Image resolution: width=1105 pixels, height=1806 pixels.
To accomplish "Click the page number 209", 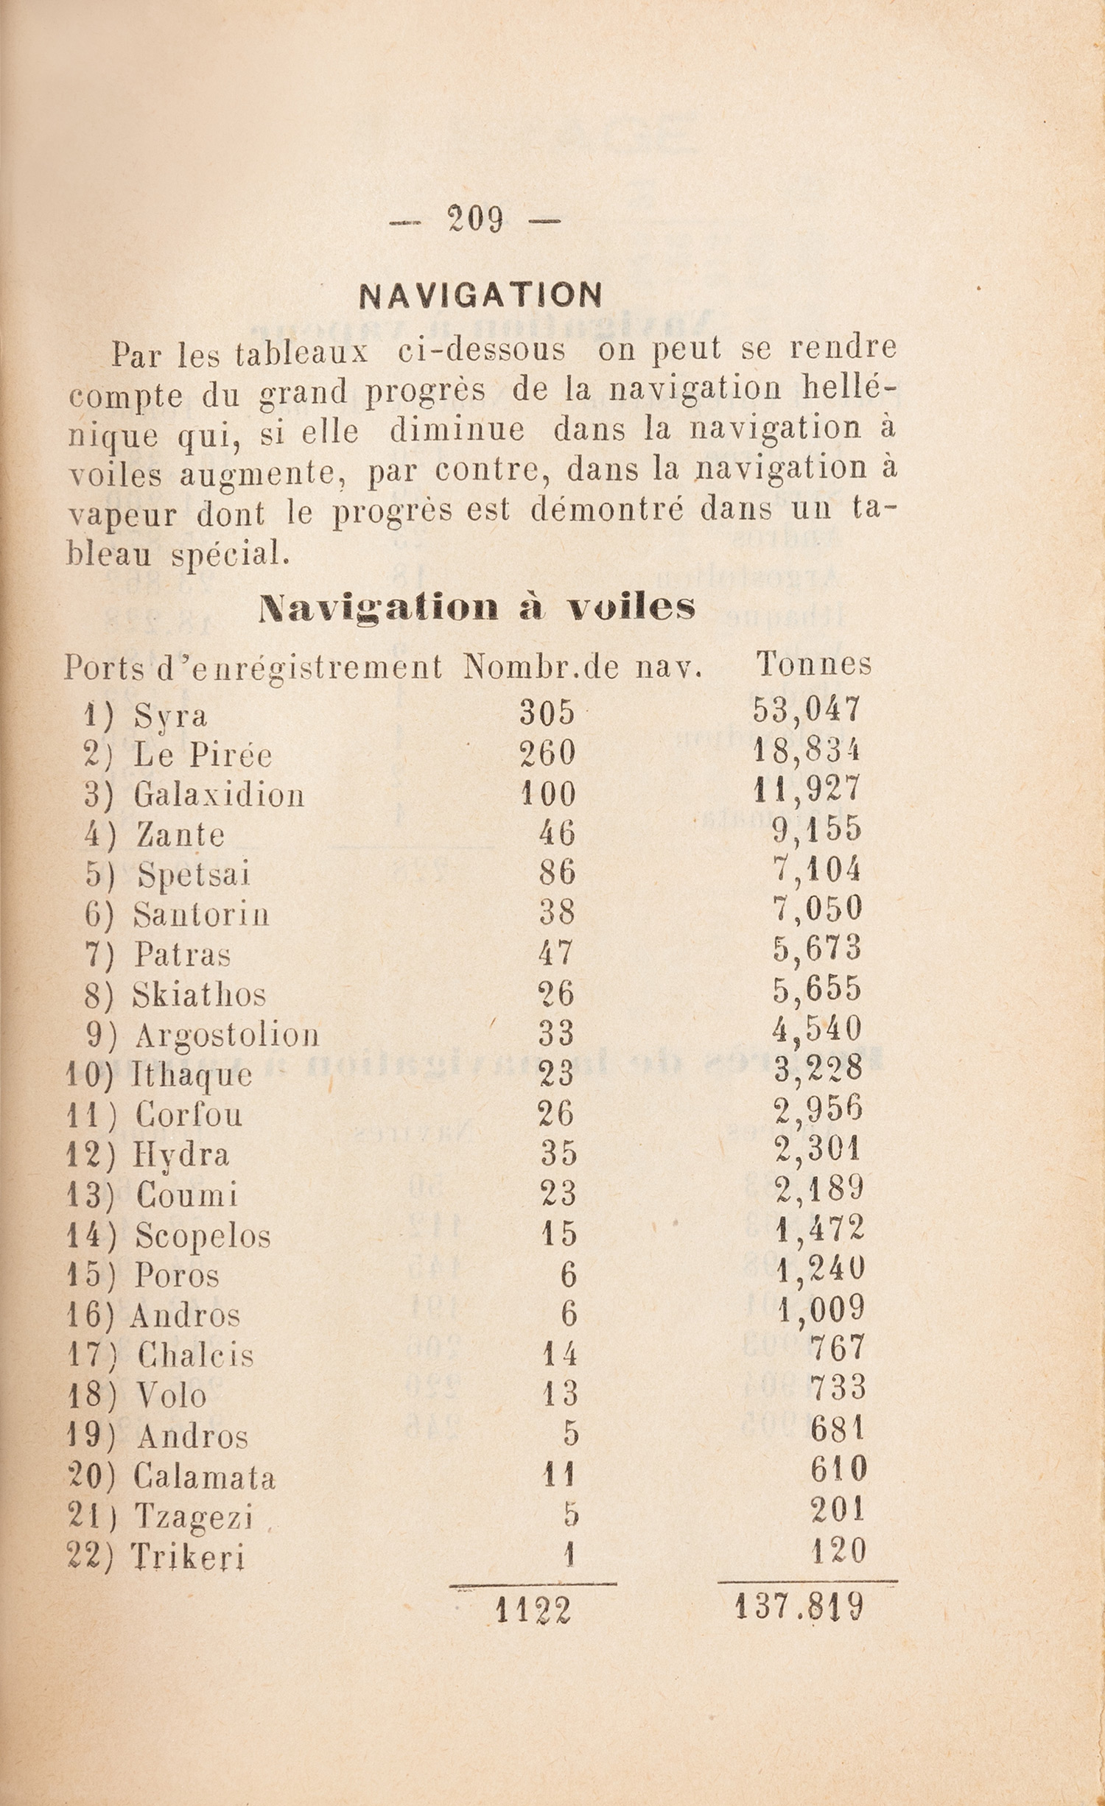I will click(475, 219).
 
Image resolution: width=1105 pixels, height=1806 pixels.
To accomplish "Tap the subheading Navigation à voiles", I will click(477, 608).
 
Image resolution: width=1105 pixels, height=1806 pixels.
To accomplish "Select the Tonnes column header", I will click(813, 664).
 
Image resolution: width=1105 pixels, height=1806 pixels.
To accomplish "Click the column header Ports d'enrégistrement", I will click(253, 668).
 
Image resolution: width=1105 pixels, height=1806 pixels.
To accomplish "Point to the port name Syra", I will click(170, 716).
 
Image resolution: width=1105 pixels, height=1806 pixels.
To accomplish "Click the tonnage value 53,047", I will click(807, 710).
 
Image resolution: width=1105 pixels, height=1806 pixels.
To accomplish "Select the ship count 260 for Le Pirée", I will click(547, 753).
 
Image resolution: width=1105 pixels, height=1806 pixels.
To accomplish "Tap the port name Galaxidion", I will click(219, 795).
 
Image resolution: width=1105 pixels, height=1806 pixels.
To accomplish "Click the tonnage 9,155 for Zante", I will click(817, 830).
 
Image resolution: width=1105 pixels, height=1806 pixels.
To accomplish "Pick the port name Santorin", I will click(201, 915).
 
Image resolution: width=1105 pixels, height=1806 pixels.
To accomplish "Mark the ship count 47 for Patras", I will click(555, 953).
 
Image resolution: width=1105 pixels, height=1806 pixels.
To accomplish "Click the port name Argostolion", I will click(227, 1036).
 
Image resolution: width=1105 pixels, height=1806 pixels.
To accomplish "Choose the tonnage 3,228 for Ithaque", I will click(818, 1068).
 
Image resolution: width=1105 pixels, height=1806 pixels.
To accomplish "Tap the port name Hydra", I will click(181, 1154).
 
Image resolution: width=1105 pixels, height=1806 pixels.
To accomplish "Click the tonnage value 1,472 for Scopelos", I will click(820, 1228).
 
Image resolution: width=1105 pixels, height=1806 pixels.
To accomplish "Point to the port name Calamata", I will click(204, 1478).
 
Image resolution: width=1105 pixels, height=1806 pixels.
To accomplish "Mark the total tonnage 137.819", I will click(799, 1606).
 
